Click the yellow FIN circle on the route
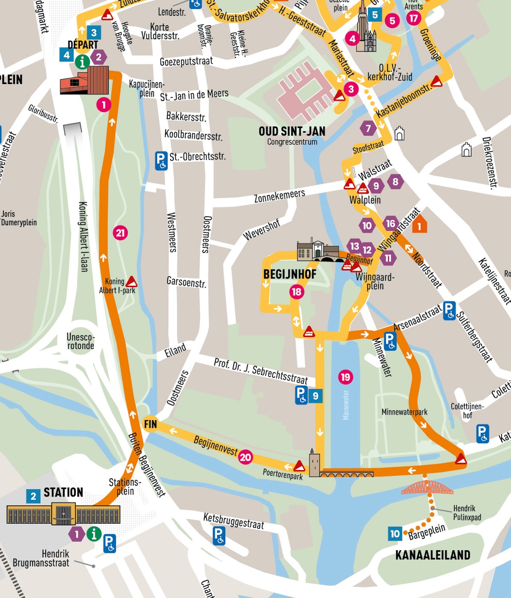tap(150, 424)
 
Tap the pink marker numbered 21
tap(121, 233)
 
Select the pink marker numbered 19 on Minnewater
tap(345, 377)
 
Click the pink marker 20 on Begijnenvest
tap(245, 457)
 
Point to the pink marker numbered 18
tap(297, 292)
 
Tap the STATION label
tap(63, 493)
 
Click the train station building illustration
tap(63, 514)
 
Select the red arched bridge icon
tap(427, 488)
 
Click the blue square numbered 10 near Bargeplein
tap(395, 534)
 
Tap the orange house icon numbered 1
tap(419, 225)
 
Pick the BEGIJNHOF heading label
tap(290, 274)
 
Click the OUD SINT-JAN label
tap(292, 131)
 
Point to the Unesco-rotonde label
tap(80, 341)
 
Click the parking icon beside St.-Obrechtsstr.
tap(161, 161)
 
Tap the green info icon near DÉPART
tap(82, 62)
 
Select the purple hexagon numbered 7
tap(368, 128)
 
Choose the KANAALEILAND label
tap(433, 555)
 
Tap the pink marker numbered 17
tap(413, 18)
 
